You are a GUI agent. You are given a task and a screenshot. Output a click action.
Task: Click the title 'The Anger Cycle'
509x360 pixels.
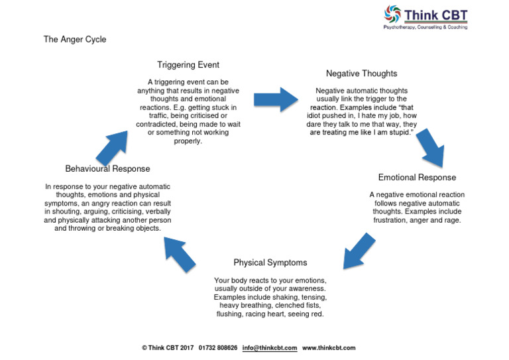pos(75,40)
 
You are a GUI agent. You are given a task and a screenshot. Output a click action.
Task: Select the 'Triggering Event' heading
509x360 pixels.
pos(188,65)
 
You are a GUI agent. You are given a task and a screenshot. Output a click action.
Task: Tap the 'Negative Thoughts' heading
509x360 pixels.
pos(361,74)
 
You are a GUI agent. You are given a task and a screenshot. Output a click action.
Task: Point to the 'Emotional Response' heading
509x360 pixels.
pos(417,178)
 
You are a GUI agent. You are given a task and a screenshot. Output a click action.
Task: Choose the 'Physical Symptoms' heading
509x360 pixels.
pos(270,263)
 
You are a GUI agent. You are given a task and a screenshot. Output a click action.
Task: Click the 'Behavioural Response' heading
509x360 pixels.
pos(107,169)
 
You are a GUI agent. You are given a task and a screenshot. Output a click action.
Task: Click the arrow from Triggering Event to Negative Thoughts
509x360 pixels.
pos(277,99)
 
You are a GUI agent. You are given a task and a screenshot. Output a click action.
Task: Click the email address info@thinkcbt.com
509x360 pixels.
pos(269,348)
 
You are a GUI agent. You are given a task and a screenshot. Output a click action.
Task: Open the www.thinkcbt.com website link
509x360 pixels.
pos(329,348)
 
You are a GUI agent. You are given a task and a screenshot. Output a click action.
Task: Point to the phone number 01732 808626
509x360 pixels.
pos(218,348)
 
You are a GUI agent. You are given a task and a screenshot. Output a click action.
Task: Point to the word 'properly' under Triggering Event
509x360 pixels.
pos(188,141)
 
